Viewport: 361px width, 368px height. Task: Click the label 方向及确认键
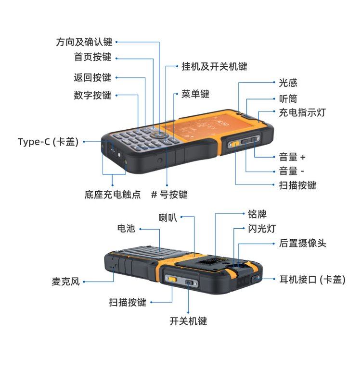(x=84, y=42)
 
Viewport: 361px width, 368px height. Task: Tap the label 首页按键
(x=93, y=57)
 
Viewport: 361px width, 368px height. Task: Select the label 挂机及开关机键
(x=215, y=66)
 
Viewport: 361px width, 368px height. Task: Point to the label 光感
(x=288, y=83)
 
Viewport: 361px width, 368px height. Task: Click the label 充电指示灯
(x=302, y=112)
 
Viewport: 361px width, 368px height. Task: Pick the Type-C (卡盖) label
(x=48, y=142)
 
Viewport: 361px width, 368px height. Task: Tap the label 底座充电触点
(x=113, y=195)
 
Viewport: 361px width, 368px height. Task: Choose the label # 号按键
(x=169, y=195)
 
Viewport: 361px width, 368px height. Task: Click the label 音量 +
(x=292, y=157)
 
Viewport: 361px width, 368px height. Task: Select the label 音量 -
(x=292, y=171)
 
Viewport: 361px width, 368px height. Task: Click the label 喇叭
(x=168, y=218)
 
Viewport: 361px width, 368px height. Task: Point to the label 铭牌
(x=258, y=214)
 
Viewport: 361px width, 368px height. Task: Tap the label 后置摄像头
(x=302, y=243)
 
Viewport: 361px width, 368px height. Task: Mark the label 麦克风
(x=66, y=282)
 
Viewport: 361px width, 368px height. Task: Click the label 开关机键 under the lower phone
(x=188, y=321)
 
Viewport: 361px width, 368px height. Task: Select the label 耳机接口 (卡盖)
(x=312, y=280)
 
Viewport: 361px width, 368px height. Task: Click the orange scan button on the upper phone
(x=235, y=144)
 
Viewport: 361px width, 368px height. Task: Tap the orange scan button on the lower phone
(x=173, y=279)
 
